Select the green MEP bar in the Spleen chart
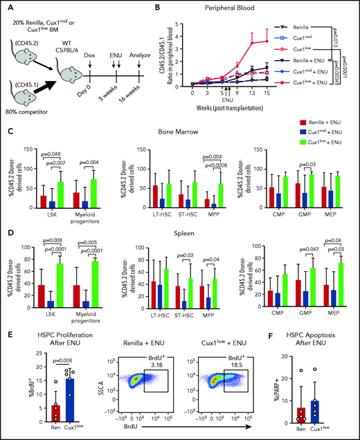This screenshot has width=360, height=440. pyautogui.click(x=339, y=284)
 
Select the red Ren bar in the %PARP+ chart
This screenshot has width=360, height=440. pyautogui.click(x=308, y=407)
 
